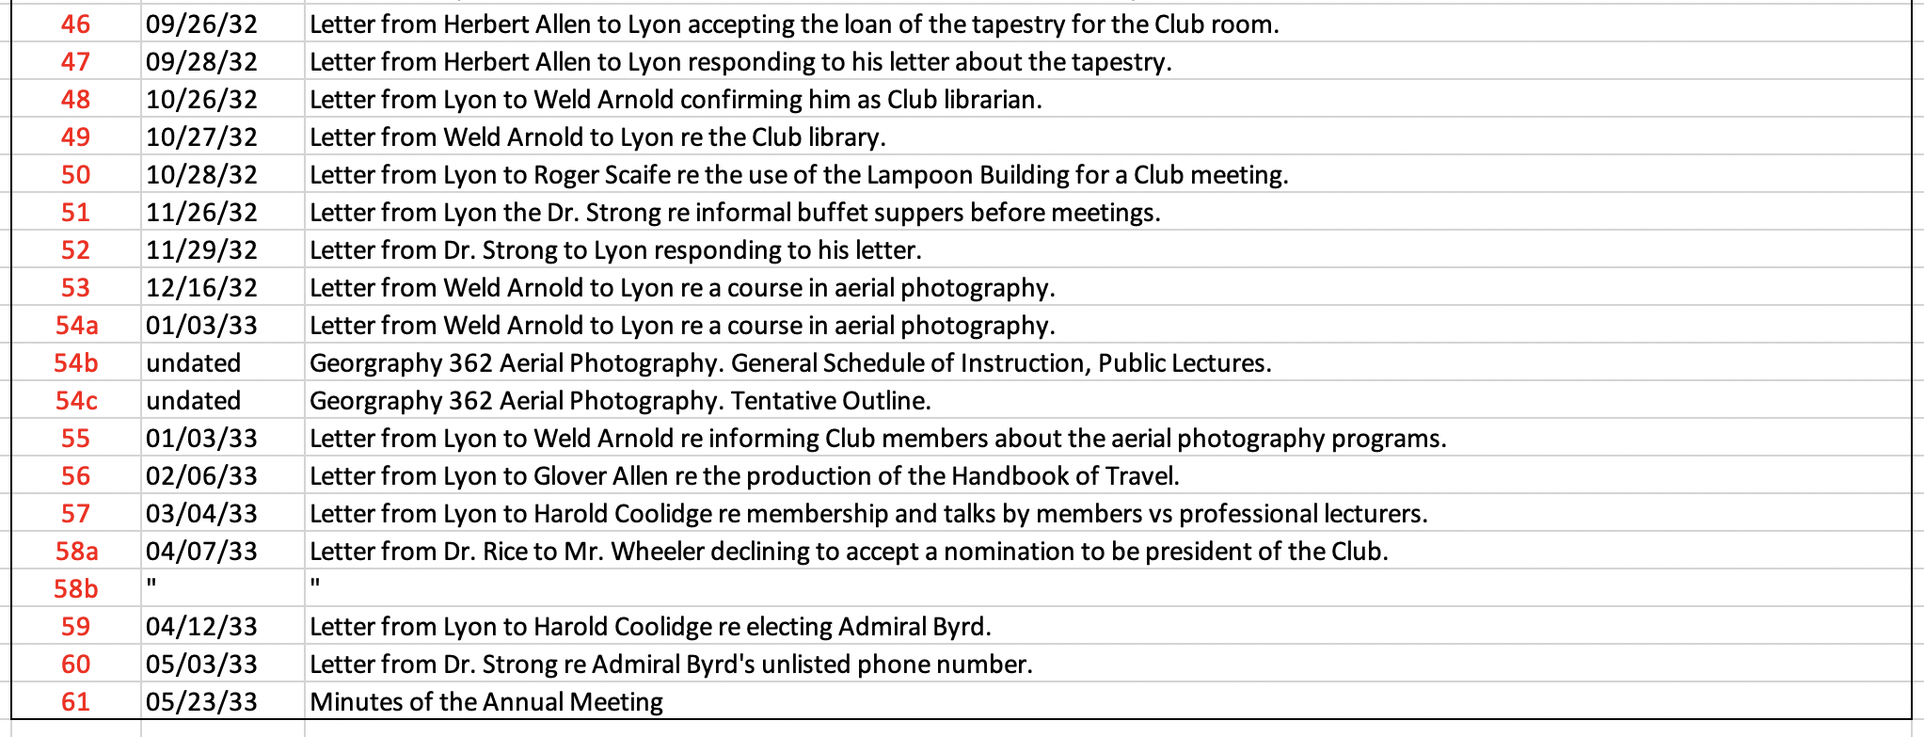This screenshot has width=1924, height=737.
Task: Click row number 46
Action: pyautogui.click(x=75, y=24)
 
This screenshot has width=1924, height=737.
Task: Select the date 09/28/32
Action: pyautogui.click(x=201, y=62)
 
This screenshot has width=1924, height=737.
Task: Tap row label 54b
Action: pyautogui.click(x=75, y=363)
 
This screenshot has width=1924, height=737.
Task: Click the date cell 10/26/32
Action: pyautogui.click(x=201, y=100)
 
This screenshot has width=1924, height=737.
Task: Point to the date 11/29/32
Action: pyautogui.click(x=201, y=250)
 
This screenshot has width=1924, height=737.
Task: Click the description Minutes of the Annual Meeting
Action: pyautogui.click(x=486, y=702)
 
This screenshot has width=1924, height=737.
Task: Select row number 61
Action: pyautogui.click(x=75, y=702)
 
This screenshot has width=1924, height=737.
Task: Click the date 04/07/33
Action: pyautogui.click(x=201, y=552)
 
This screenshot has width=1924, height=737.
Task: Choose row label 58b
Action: pyautogui.click(x=75, y=589)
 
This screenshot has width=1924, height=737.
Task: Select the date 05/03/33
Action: pyautogui.click(x=201, y=665)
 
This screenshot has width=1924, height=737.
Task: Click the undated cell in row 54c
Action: pyautogui.click(x=194, y=401)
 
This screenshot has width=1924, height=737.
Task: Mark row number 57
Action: pyautogui.click(x=75, y=514)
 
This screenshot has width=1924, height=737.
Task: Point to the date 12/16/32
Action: pyautogui.click(x=201, y=288)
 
